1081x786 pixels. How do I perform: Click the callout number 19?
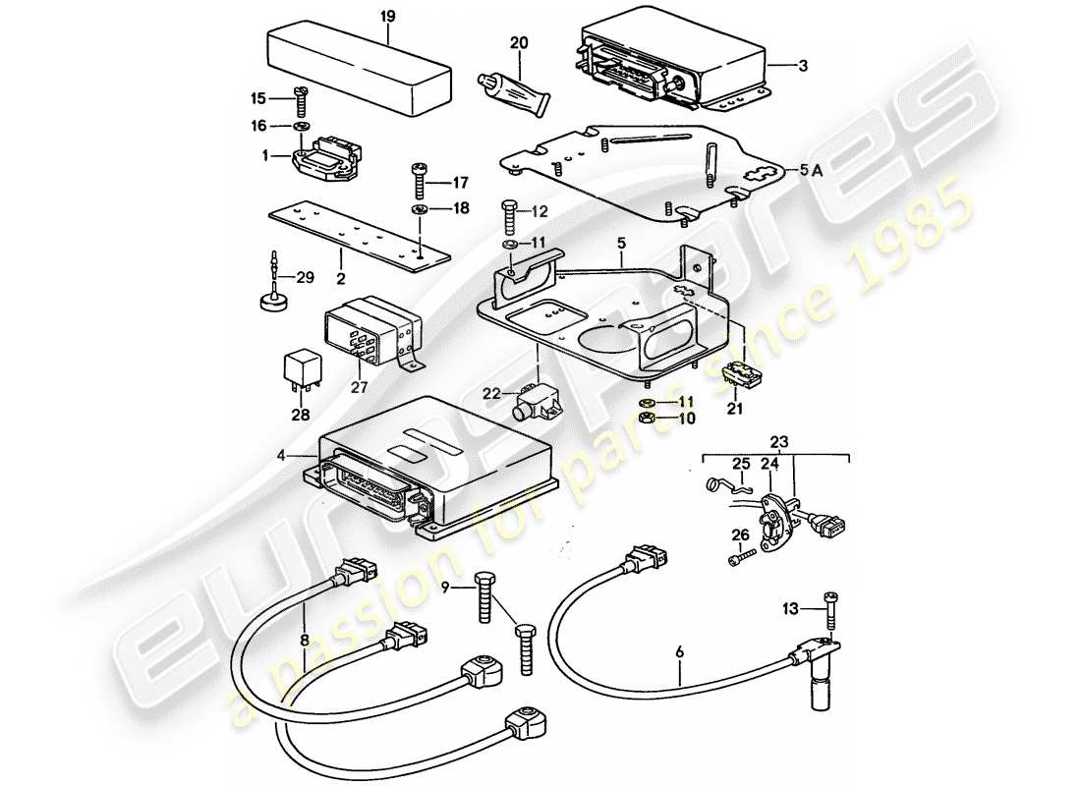(x=388, y=17)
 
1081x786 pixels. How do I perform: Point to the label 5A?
(x=811, y=170)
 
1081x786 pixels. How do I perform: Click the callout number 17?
(x=460, y=182)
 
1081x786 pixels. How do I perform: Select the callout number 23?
(x=778, y=442)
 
